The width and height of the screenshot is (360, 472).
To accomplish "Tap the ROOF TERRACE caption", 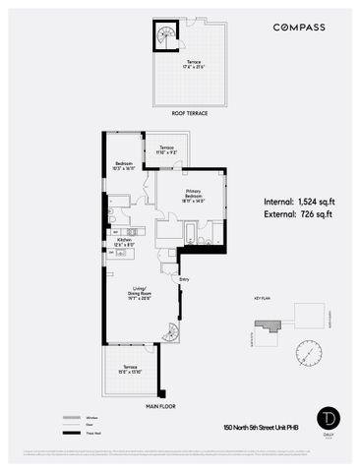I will pyautogui.click(x=192, y=114).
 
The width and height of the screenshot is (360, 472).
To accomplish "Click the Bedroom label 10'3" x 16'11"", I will pyautogui.click(x=125, y=166).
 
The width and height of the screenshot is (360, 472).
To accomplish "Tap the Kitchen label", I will pyautogui.click(x=125, y=243).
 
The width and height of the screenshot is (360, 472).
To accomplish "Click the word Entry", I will pyautogui.click(x=183, y=278).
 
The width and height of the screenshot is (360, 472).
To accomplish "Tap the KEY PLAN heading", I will pyautogui.click(x=262, y=295).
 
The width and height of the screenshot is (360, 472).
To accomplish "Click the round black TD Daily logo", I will pyautogui.click(x=326, y=417).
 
